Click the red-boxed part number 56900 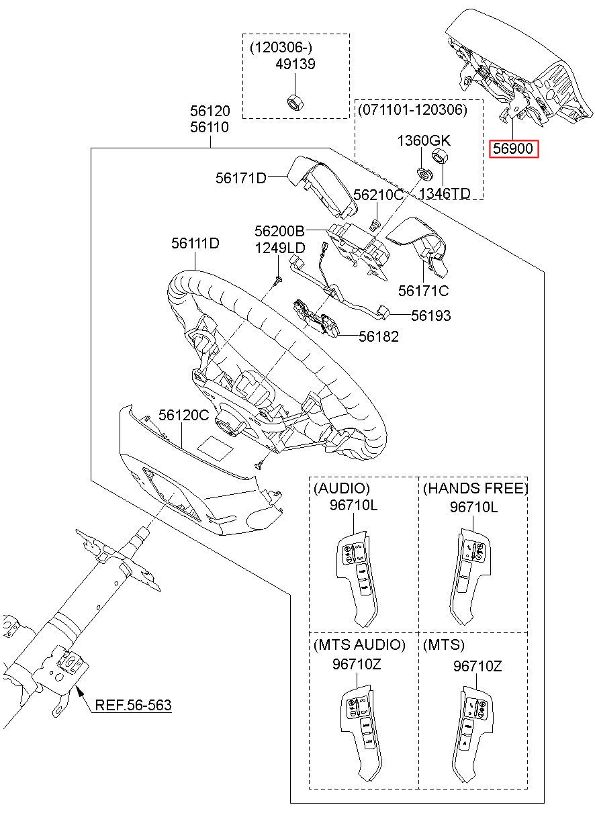tap(514, 149)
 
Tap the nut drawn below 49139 tap(293, 102)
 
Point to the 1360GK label tap(424, 141)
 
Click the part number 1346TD tap(444, 193)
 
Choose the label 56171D tap(241, 178)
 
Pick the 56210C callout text tap(378, 195)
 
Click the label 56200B tap(280, 231)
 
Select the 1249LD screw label tap(280, 248)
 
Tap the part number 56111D tap(195, 243)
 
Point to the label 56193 tap(430, 316)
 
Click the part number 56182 tap(378, 337)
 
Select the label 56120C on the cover tap(184, 416)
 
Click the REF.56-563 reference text tap(133, 705)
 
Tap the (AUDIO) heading tap(342, 489)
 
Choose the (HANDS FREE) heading tap(475, 489)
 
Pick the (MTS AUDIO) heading tap(359, 645)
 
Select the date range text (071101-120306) tap(411, 109)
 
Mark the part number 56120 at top tap(210, 111)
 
